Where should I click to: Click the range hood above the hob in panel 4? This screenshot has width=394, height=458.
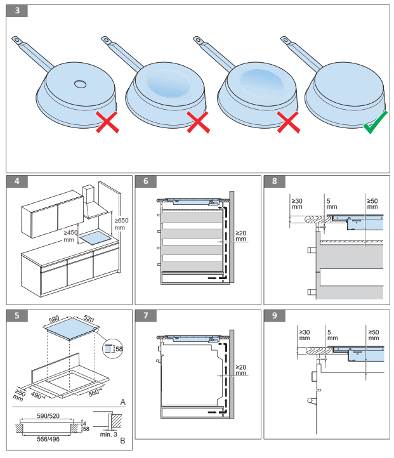click(x=91, y=203)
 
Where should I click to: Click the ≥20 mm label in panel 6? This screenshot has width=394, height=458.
click(x=240, y=236)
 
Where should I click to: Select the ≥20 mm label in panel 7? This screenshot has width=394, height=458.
click(x=240, y=370)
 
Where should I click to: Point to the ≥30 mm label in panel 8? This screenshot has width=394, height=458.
click(x=297, y=202)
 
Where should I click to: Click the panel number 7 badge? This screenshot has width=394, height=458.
click(x=146, y=315)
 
